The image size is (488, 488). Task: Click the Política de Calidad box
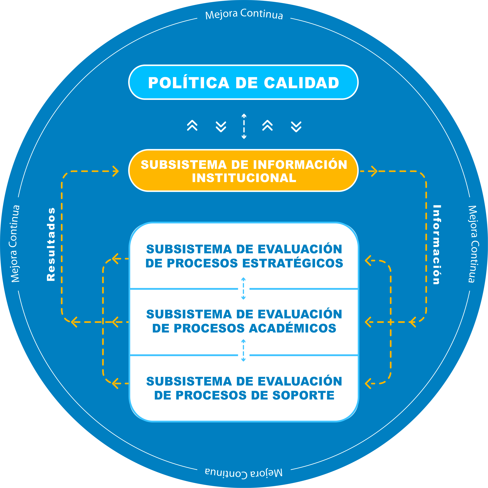243,82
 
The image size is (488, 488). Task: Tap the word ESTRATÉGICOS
292,263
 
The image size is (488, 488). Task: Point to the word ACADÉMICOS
292,328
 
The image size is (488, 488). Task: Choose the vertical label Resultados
51,244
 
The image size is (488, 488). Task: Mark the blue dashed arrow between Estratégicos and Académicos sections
243,289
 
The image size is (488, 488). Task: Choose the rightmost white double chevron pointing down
296,127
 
